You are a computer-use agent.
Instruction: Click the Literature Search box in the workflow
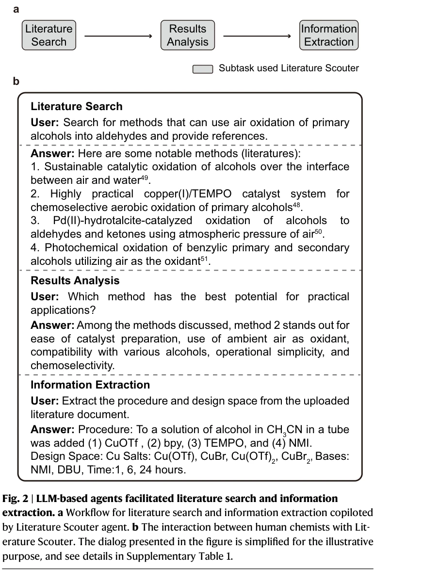49,35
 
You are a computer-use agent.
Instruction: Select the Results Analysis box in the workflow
187,35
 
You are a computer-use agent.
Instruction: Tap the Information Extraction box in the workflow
329,35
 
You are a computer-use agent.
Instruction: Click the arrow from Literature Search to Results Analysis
118,36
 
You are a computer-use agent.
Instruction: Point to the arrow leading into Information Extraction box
257,36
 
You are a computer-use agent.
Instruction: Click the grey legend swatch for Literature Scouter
203,69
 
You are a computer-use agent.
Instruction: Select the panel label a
16,9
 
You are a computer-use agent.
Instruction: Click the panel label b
16,81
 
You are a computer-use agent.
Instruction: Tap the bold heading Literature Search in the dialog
76,107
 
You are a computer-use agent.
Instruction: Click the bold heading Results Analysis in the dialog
75,281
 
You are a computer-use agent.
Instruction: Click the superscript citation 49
145,178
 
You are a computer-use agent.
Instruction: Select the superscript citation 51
204,259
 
